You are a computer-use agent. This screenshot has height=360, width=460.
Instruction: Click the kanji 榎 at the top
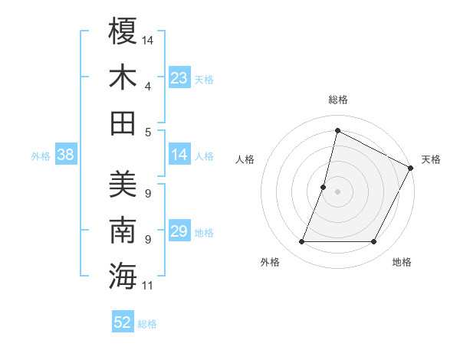click(123, 31)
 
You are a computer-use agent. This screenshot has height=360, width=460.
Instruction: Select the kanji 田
click(123, 123)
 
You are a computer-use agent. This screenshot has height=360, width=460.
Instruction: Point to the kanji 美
click(123, 184)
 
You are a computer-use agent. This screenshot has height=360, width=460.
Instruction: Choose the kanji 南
click(123, 230)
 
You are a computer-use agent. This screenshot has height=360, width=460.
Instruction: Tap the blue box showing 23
click(179, 77)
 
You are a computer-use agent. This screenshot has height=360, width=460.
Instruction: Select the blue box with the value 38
click(65, 155)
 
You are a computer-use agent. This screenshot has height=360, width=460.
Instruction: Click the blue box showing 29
click(179, 231)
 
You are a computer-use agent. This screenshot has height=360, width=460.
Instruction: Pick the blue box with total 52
click(123, 322)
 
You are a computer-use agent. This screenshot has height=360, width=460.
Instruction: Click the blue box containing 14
click(179, 155)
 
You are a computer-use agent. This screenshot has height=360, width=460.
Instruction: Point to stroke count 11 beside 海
click(148, 286)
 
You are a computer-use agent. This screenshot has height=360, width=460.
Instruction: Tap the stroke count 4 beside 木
click(148, 86)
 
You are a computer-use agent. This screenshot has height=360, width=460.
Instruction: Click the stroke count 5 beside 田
click(148, 132)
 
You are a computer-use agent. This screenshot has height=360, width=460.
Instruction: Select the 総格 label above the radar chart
click(337, 100)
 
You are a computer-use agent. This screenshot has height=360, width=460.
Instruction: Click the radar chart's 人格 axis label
click(245, 160)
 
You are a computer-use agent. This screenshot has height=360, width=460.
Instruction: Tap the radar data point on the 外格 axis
click(301, 242)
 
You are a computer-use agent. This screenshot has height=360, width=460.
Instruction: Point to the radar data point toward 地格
click(373, 242)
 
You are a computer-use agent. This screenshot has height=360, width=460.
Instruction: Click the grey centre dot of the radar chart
click(337, 192)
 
